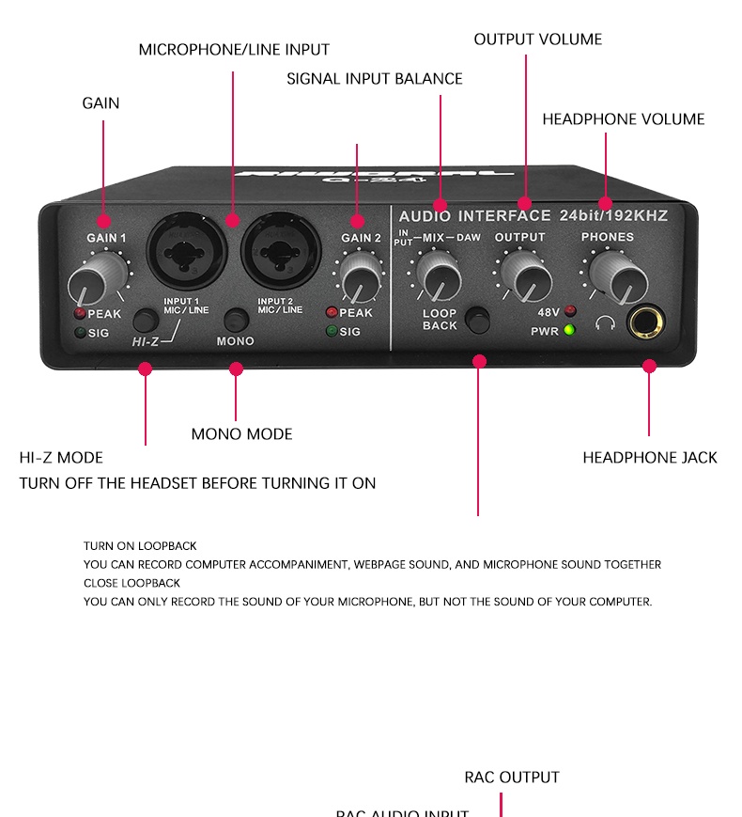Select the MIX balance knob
435,275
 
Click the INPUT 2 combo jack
275,250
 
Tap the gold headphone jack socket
646,323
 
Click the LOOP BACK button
479,320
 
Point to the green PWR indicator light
569,330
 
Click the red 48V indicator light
570,311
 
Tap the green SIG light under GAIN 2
332,331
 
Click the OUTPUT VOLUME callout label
537,39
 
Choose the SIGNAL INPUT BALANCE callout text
374,79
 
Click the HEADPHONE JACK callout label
649,458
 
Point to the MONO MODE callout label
241,434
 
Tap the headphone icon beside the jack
606,324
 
